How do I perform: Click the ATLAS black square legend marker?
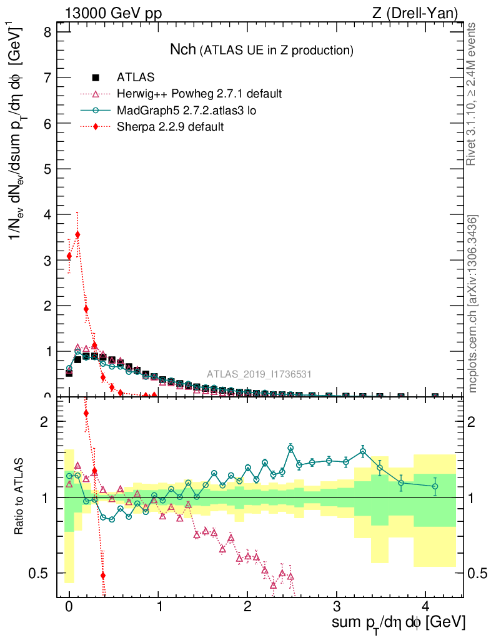click(96, 77)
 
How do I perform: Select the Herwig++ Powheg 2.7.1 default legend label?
click(199, 94)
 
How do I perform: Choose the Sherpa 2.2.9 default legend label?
click(171, 127)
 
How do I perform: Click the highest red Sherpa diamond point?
click(77, 235)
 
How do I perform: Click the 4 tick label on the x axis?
click(426, 607)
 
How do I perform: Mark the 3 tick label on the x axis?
click(337, 607)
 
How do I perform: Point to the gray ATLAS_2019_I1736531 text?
click(259, 374)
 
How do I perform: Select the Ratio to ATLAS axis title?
click(20, 497)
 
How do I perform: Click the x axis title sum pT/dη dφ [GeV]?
click(398, 622)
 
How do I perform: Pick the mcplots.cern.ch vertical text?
click(473, 303)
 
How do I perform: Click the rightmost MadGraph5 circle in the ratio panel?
click(435, 486)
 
